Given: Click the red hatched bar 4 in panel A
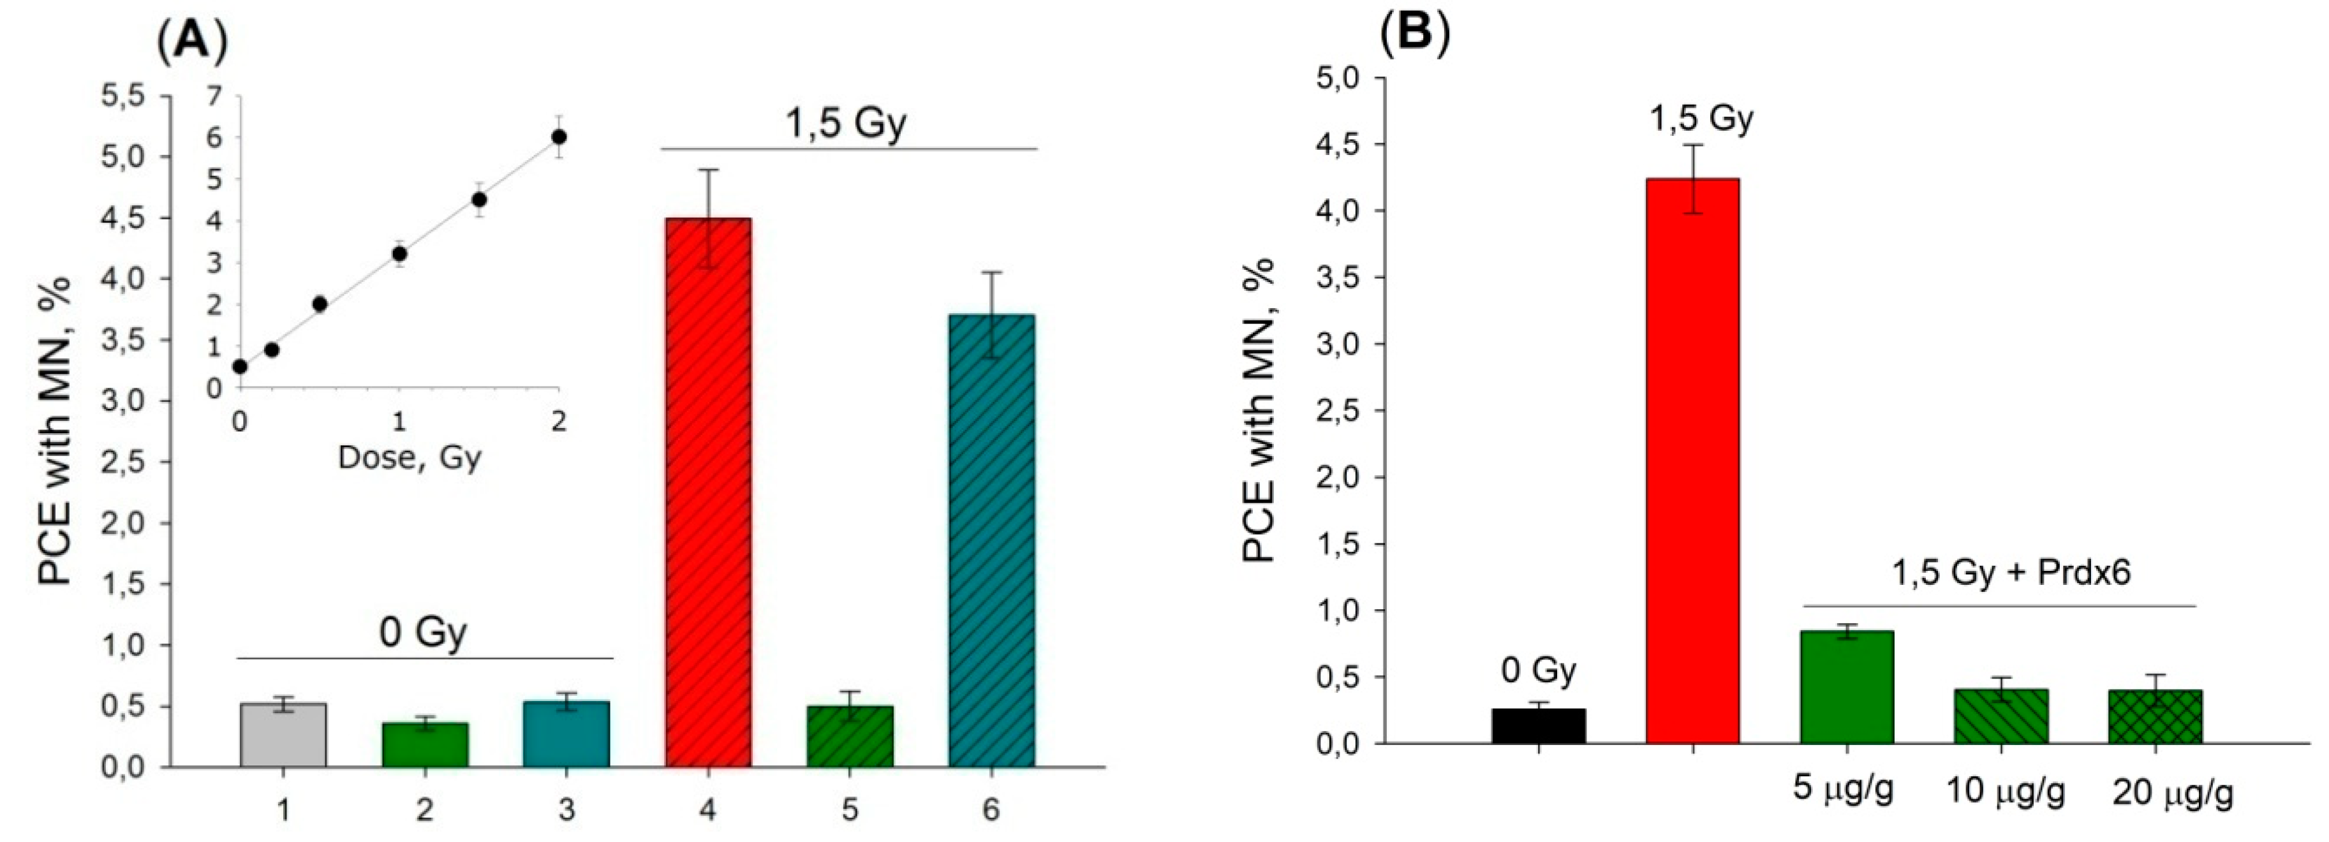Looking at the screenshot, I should click(x=708, y=493).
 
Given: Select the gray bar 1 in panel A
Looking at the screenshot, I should click(x=283, y=734).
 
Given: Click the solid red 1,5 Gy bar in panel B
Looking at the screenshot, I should click(x=1692, y=461).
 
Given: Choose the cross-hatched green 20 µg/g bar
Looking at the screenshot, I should click(x=2155, y=717).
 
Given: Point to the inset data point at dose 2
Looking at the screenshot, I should click(x=559, y=137).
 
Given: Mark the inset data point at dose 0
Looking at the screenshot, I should click(x=240, y=366).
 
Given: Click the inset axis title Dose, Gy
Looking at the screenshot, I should click(x=409, y=457).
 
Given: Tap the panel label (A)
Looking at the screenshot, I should click(x=191, y=41).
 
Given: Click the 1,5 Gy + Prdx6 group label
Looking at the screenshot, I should click(x=1997, y=572).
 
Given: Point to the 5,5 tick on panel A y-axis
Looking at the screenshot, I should click(x=128, y=95).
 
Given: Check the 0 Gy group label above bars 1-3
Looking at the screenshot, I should click(x=423, y=632).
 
